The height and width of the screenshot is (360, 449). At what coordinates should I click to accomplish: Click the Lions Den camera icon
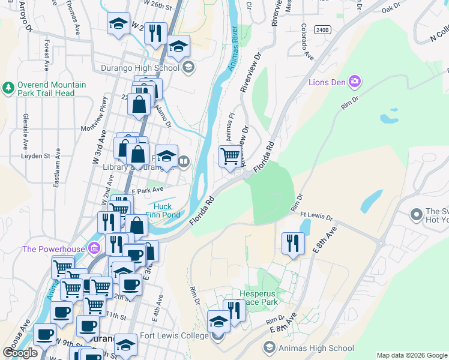[355, 81]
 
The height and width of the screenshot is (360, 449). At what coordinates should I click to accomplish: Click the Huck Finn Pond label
[163, 211]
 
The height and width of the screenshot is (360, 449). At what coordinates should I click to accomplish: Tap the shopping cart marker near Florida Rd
[231, 157]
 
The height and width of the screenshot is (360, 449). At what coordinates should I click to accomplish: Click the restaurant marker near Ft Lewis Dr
[292, 243]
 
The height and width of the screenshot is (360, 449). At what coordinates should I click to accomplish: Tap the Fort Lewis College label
[174, 336]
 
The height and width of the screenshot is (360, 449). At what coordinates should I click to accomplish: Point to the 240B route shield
[322, 29]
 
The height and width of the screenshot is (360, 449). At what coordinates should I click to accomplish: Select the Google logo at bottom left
[20, 353]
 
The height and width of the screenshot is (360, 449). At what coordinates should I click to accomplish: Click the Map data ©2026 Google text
[412, 355]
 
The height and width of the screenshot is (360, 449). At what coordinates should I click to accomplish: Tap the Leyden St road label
[35, 156]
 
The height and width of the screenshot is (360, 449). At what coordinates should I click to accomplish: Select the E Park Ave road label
[147, 190]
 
